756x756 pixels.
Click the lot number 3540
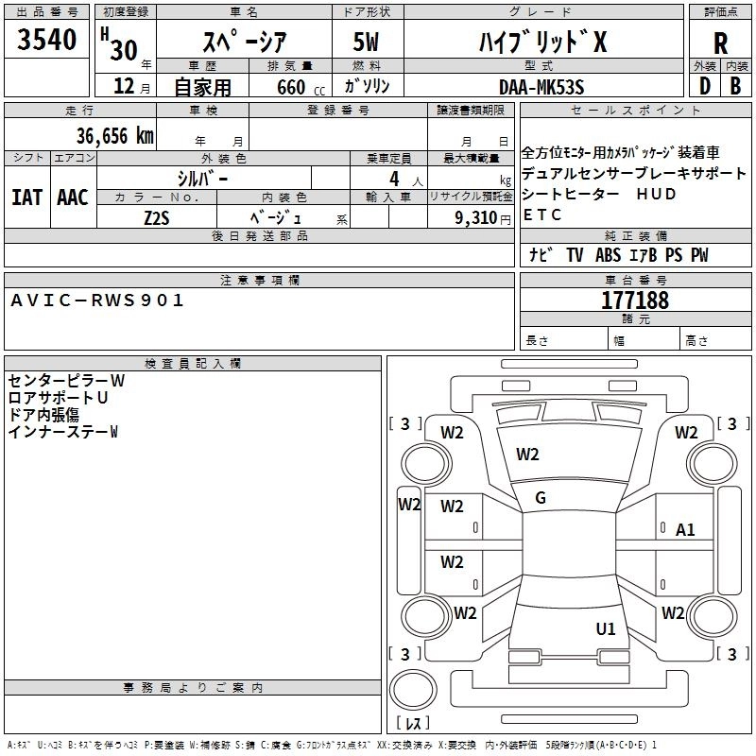47,41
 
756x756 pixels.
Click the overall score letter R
720,43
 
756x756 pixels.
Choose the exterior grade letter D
704,86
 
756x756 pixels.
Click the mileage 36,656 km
109,135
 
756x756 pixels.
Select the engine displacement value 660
291,88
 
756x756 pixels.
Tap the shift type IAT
26,198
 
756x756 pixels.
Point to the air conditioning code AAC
73,198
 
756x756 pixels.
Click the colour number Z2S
157,216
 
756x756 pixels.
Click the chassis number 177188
635,301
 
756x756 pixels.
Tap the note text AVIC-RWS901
97,301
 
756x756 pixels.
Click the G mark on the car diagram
541,497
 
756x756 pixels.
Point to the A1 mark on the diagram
685,530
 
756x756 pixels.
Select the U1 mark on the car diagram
606,628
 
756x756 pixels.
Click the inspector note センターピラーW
66,381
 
